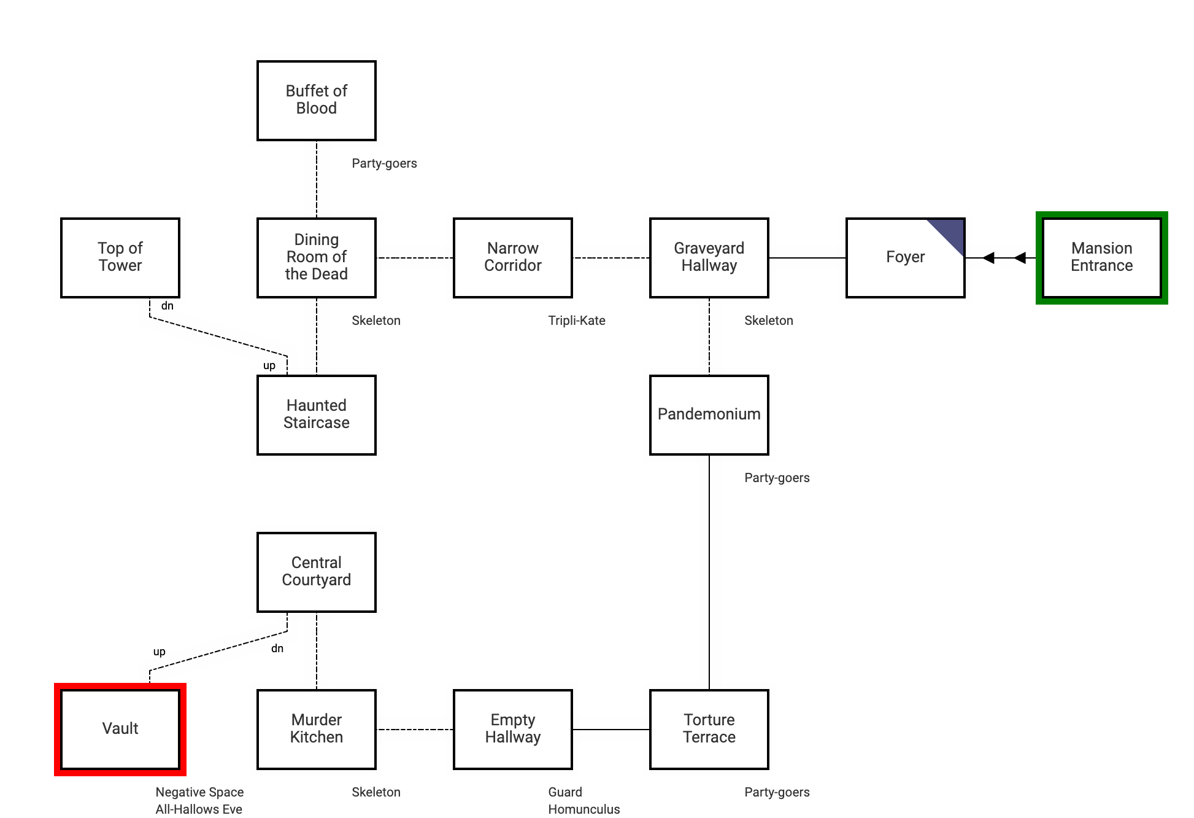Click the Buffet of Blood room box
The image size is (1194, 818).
(x=317, y=101)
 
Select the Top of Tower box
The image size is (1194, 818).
(x=120, y=258)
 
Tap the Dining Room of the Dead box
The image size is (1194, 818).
(x=317, y=258)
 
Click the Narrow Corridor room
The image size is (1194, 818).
(x=513, y=258)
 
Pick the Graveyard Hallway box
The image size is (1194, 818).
(x=709, y=258)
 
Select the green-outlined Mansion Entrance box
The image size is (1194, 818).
(x=1102, y=258)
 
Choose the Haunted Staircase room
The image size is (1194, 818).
(x=317, y=415)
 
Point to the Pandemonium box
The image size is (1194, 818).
(x=709, y=415)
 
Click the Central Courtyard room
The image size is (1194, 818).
(x=317, y=572)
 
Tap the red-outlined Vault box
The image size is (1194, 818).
(x=120, y=730)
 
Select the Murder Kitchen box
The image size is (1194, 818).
(x=317, y=730)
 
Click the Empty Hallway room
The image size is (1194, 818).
(x=513, y=730)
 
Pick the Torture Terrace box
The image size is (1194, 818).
(x=709, y=730)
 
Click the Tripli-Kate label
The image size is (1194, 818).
(x=577, y=321)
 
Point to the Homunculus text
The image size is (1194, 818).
(x=584, y=809)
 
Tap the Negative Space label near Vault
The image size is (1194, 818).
(x=199, y=792)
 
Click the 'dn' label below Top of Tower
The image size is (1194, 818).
(x=168, y=306)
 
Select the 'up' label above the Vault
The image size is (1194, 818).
(x=160, y=652)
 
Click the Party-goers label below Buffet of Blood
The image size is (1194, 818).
(x=384, y=163)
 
